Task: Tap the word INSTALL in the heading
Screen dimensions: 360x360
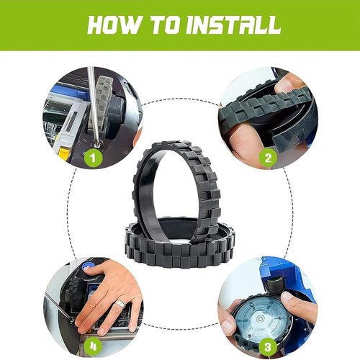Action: (x=233, y=24)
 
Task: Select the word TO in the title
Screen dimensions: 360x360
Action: (x=164, y=24)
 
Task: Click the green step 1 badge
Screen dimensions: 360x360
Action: (x=93, y=158)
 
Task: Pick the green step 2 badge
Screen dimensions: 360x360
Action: (x=268, y=158)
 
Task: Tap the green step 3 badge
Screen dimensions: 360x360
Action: (x=268, y=346)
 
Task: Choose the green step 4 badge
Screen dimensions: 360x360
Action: (x=93, y=346)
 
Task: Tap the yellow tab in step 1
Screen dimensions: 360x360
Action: (x=63, y=153)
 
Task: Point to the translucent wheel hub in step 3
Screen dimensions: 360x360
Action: (x=260, y=318)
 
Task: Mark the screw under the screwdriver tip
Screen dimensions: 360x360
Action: (x=97, y=144)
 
